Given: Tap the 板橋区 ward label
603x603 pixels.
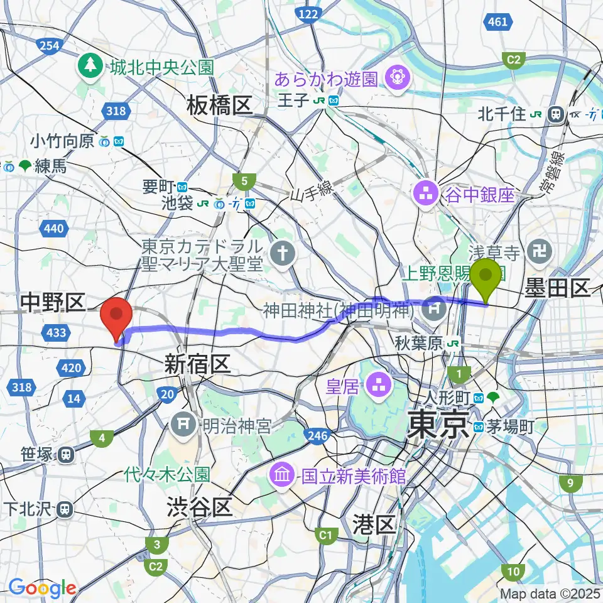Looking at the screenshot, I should click(x=219, y=106).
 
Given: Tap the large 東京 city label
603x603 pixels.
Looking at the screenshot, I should click(x=438, y=425).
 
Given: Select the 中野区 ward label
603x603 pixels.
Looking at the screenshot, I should click(x=52, y=304).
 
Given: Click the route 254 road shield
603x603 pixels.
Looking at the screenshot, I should click(x=48, y=45).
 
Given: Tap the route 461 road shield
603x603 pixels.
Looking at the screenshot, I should click(x=497, y=22).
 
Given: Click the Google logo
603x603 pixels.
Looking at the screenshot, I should click(x=42, y=589).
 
